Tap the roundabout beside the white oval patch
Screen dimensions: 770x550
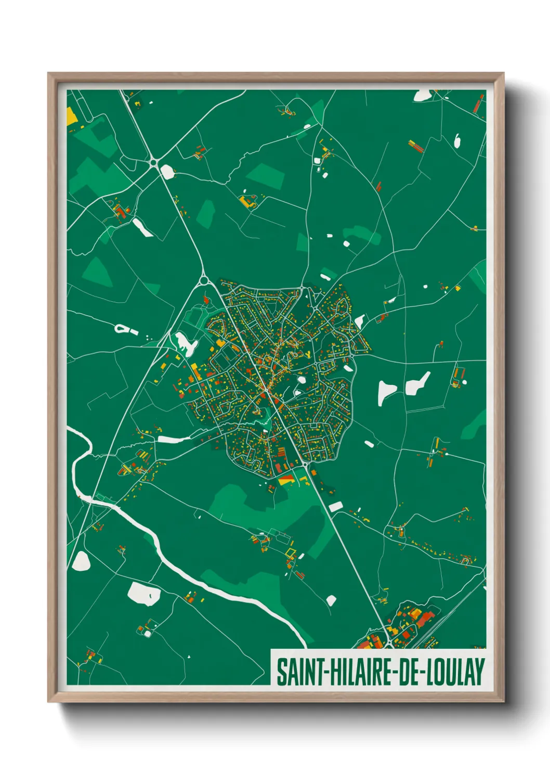[x=153, y=163]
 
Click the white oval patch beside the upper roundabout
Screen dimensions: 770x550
[x=167, y=171]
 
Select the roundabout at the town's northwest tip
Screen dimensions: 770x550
[x=203, y=281]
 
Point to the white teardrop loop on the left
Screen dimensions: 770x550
[x=122, y=328]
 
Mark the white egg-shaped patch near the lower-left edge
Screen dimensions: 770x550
[x=81, y=561]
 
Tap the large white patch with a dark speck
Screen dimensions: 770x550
[x=143, y=593]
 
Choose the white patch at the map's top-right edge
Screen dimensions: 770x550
[x=422, y=95]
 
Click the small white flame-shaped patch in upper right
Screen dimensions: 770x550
[x=457, y=140]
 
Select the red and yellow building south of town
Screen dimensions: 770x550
[x=286, y=479]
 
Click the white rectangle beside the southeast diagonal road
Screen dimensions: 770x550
[x=335, y=506]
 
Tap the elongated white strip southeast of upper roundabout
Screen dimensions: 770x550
[x=142, y=227]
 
